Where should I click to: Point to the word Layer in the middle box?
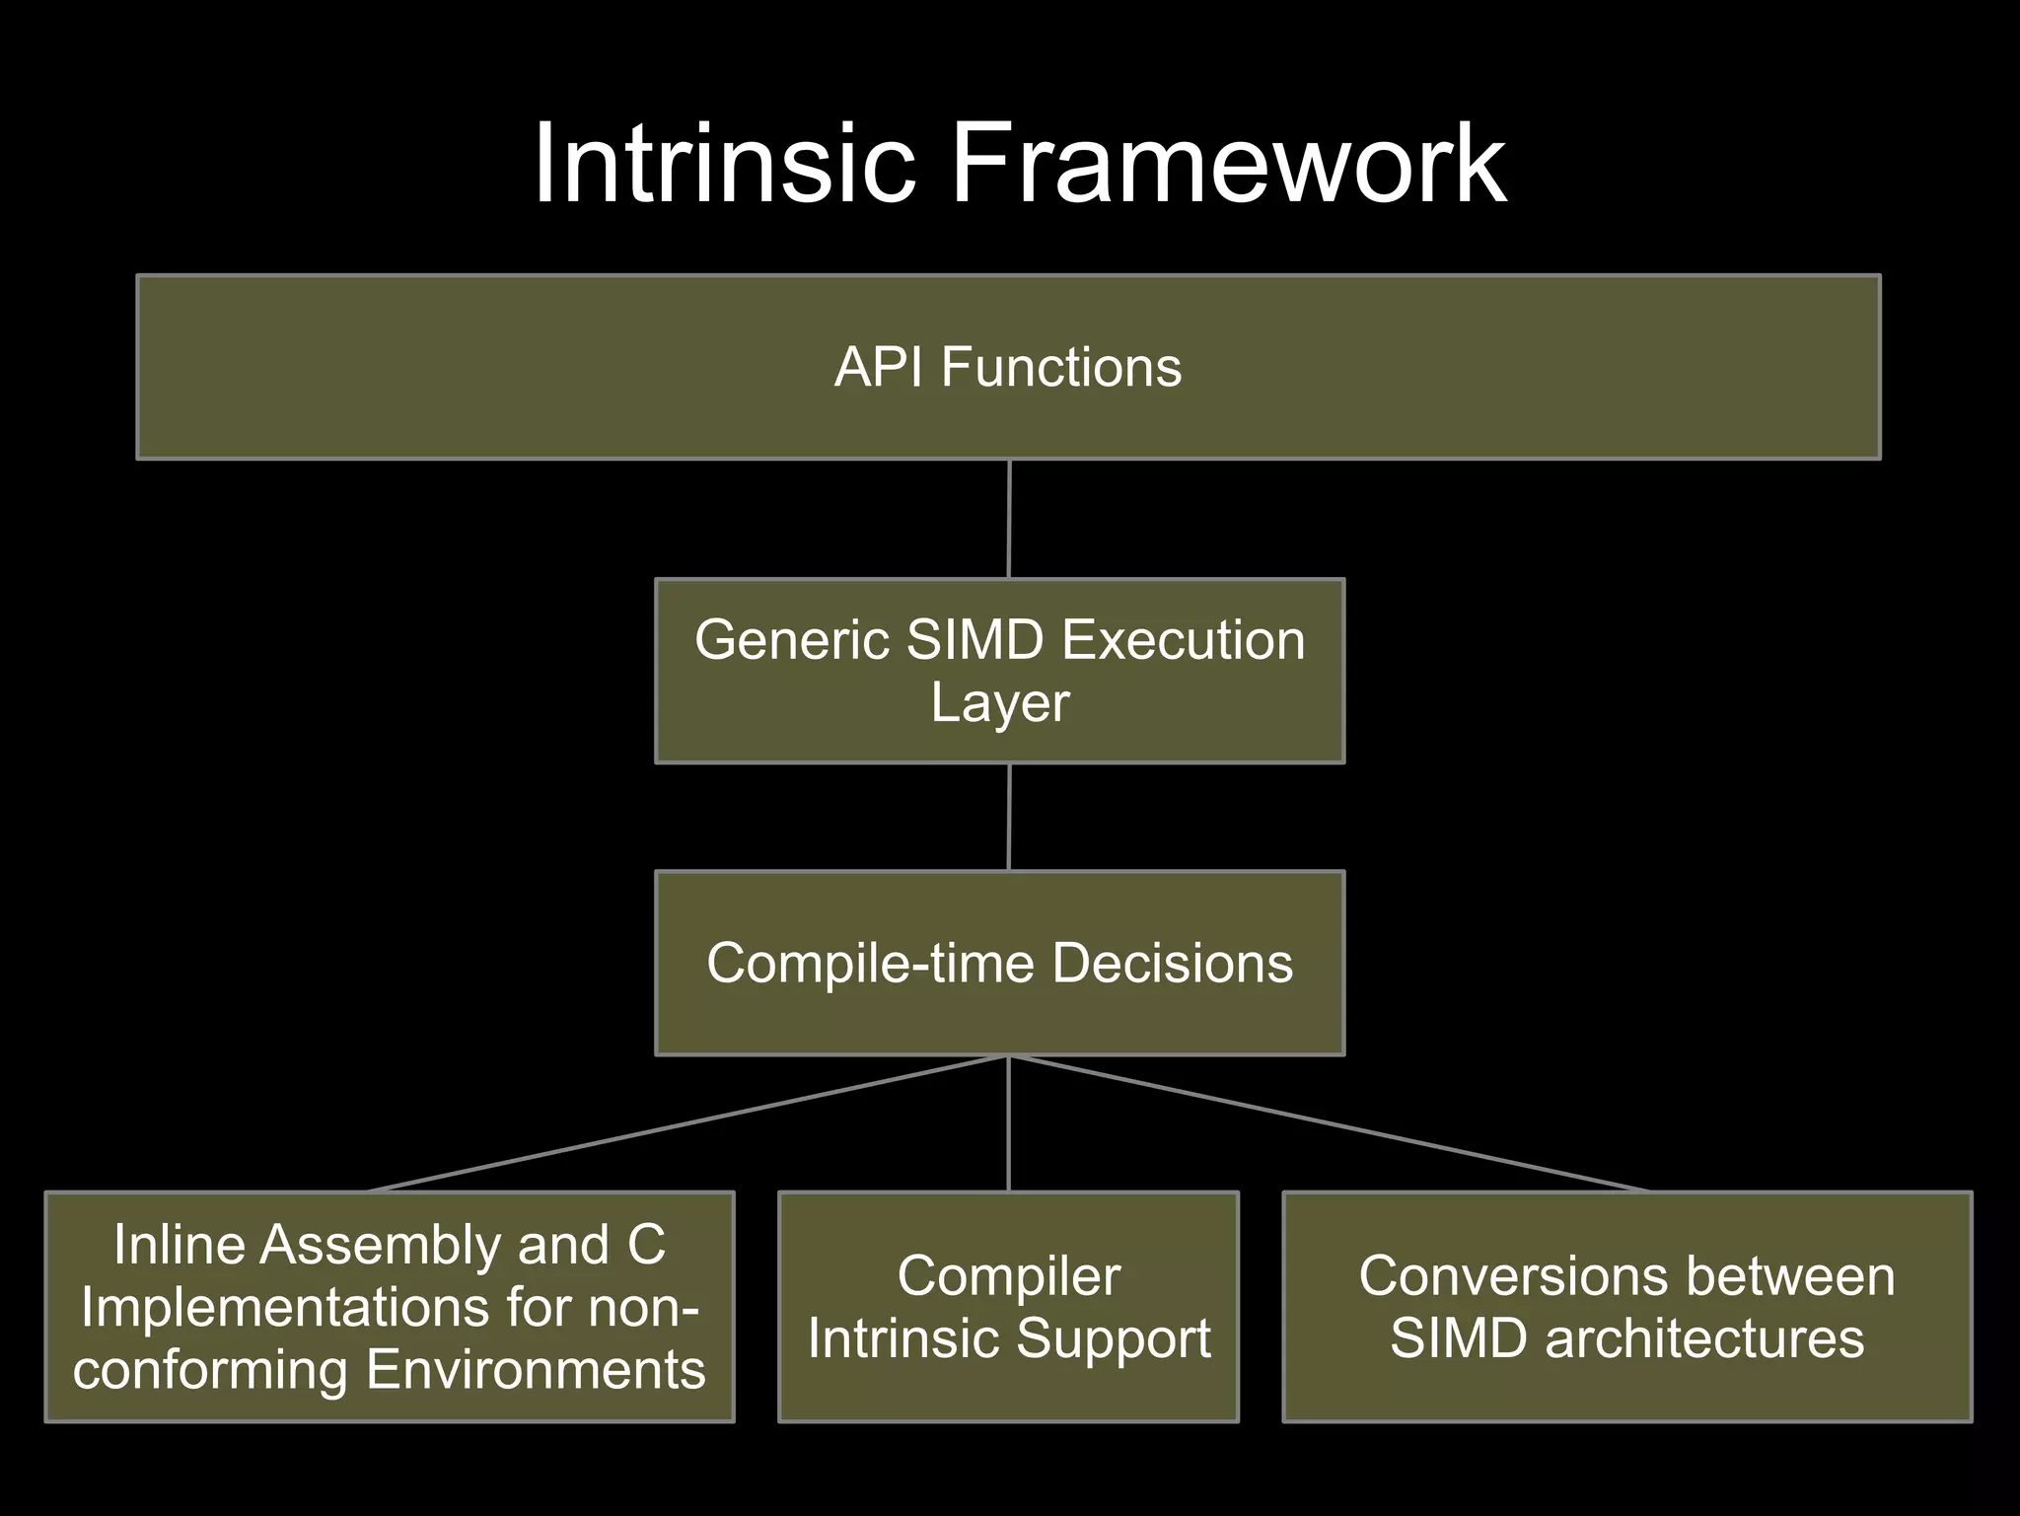click(x=1000, y=703)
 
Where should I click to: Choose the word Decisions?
click(x=1172, y=963)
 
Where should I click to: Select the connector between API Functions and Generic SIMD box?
click(x=1009, y=519)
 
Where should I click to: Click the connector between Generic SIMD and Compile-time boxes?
click(x=1009, y=817)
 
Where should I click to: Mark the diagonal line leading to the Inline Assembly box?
click(x=690, y=1123)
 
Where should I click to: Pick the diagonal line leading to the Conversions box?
click(x=1327, y=1123)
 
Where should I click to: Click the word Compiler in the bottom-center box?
click(x=1008, y=1276)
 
